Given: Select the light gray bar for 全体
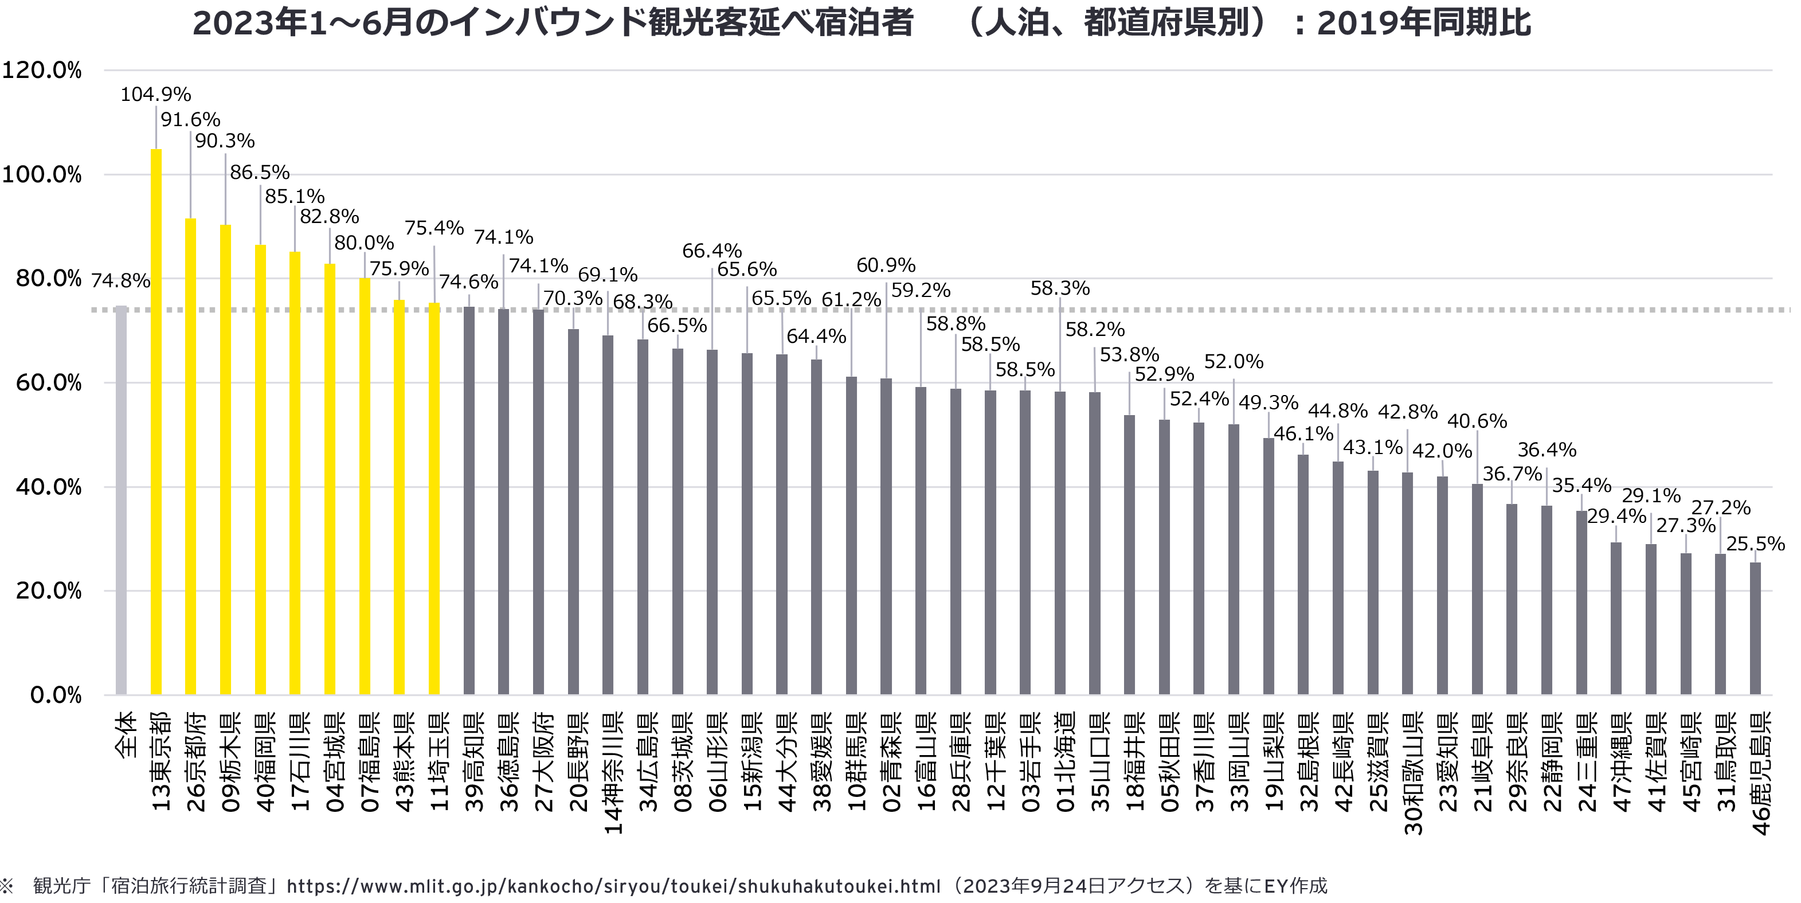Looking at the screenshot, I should coord(121,500).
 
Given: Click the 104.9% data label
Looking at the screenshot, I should coord(155,95).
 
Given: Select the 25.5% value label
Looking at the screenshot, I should coord(1755,544).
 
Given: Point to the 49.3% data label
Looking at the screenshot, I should coord(1268,403).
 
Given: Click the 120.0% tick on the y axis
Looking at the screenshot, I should coord(42,70).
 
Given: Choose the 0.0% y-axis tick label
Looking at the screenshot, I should coord(56,695).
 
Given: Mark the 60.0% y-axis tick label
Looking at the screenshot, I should coord(49,382).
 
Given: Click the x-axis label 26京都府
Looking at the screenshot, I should coord(197,763).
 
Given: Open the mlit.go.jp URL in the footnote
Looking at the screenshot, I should coord(613,886).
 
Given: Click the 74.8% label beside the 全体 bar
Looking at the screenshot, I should coord(120,281).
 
